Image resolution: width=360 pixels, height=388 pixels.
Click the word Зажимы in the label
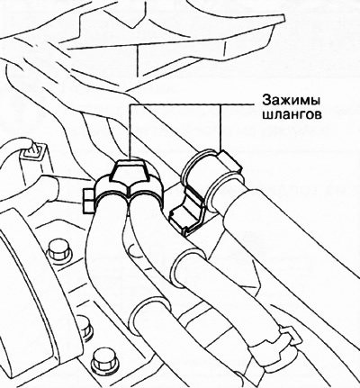(291, 100)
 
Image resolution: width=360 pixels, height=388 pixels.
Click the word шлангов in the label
(292, 115)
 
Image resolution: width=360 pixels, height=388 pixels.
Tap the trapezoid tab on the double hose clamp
(129, 171)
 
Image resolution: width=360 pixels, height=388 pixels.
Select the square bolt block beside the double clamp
(89, 201)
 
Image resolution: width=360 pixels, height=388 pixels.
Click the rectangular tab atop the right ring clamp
(229, 165)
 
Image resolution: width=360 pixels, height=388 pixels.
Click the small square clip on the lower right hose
(290, 335)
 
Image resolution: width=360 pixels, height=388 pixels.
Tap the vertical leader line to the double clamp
(130, 132)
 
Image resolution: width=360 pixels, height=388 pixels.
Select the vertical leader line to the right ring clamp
(220, 128)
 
